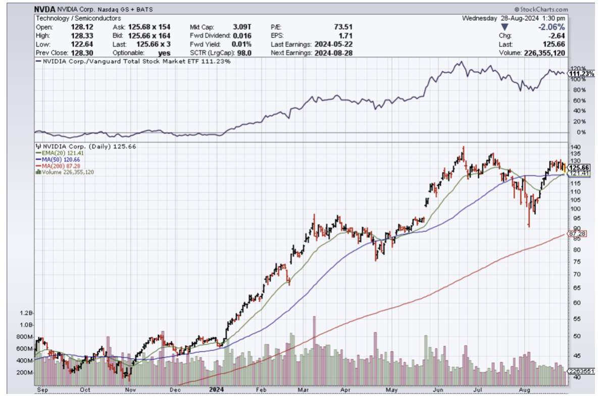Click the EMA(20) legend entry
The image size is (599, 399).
55,153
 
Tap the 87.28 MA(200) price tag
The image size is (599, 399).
576,234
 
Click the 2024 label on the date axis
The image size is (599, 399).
216,390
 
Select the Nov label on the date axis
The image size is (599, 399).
130,390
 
